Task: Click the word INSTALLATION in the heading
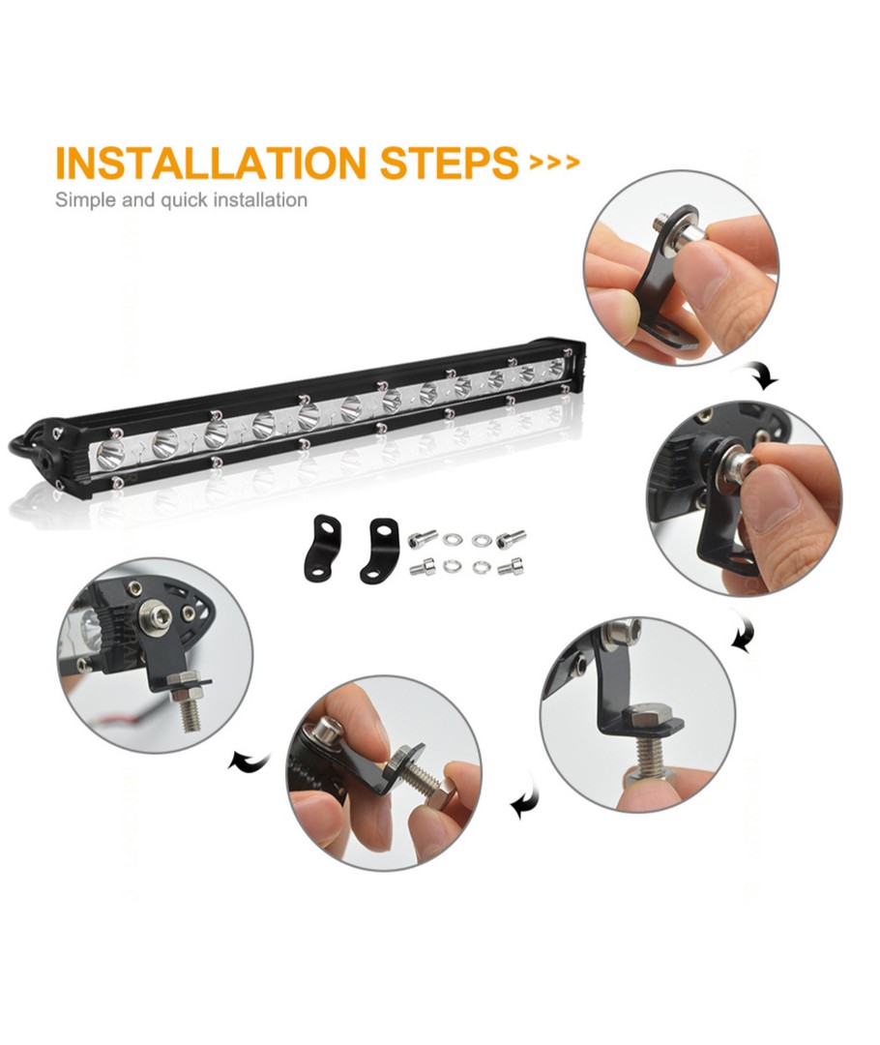211,162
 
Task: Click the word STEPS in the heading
449,162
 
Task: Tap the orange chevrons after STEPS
553,163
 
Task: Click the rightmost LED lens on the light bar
554,368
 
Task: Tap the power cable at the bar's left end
20,442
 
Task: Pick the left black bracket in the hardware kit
322,547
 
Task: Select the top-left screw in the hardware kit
423,536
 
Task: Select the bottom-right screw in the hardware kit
510,567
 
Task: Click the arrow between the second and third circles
743,633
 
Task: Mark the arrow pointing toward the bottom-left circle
249,761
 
